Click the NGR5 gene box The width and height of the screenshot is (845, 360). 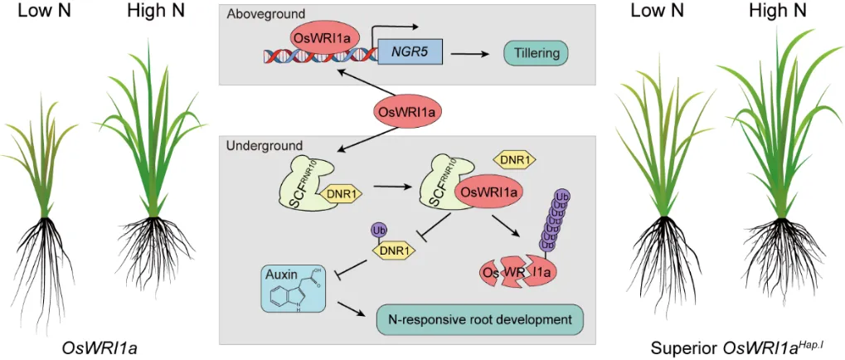(x=410, y=55)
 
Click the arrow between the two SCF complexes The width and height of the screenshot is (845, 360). (x=394, y=187)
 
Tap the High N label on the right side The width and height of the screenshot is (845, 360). (x=777, y=12)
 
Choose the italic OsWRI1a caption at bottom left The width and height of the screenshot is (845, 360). (x=96, y=347)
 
